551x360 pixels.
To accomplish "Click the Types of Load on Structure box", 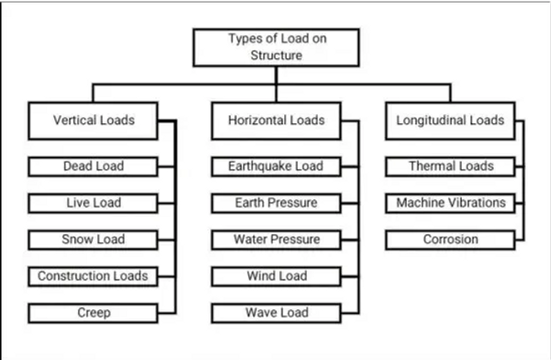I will [x=276, y=47].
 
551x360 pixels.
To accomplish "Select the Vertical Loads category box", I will [x=93, y=121].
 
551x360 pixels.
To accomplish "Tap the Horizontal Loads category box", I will [x=276, y=121].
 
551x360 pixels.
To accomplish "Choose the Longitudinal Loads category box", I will [x=450, y=121].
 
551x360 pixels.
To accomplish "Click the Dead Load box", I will [x=93, y=167].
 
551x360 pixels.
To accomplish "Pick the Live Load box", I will [x=93, y=203].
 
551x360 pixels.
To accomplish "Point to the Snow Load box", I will [x=93, y=240].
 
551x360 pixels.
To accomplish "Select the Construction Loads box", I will [x=93, y=277].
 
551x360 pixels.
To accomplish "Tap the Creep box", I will [x=93, y=313].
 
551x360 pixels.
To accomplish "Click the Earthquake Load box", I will [x=276, y=167].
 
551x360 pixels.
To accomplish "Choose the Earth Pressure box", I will [x=276, y=203].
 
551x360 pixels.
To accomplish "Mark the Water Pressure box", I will [x=276, y=240].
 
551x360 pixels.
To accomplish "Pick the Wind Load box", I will [x=276, y=277].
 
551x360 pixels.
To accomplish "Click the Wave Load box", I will [x=276, y=313].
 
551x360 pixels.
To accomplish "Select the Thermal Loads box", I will [x=450, y=167].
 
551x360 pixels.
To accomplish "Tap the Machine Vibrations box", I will [x=450, y=203].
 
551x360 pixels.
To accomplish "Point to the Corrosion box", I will [x=450, y=240].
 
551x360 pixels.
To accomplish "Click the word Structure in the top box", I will [x=276, y=56].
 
